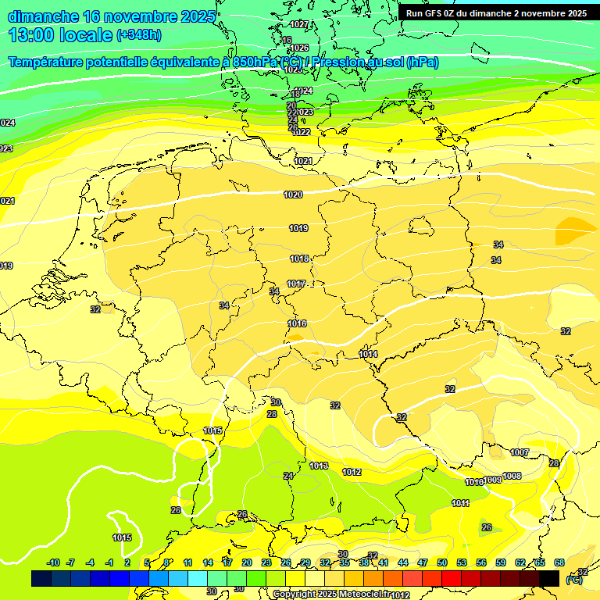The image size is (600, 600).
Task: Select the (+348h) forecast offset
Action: click(140, 35)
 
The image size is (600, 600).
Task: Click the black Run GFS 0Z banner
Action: click(496, 13)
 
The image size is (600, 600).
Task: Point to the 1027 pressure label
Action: click(299, 24)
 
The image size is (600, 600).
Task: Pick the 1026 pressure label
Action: click(299, 48)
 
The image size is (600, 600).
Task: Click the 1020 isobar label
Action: click(293, 195)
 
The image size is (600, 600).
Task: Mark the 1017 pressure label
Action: click(296, 284)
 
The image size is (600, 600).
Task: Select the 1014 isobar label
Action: click(369, 354)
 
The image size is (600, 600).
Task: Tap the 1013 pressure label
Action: click(319, 466)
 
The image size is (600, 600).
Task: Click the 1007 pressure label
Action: click(520, 452)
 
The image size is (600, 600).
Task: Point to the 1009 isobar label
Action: click(493, 480)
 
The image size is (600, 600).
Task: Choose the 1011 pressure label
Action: click(461, 503)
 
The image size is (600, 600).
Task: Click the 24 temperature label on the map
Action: click(288, 476)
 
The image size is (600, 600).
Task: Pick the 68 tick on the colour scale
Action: click(559, 562)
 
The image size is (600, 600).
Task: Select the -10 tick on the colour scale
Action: click(54, 562)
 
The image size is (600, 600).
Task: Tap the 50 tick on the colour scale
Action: click(442, 562)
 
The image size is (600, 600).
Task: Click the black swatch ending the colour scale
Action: click(549, 578)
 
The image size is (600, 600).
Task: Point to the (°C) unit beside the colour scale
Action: click(574, 580)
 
